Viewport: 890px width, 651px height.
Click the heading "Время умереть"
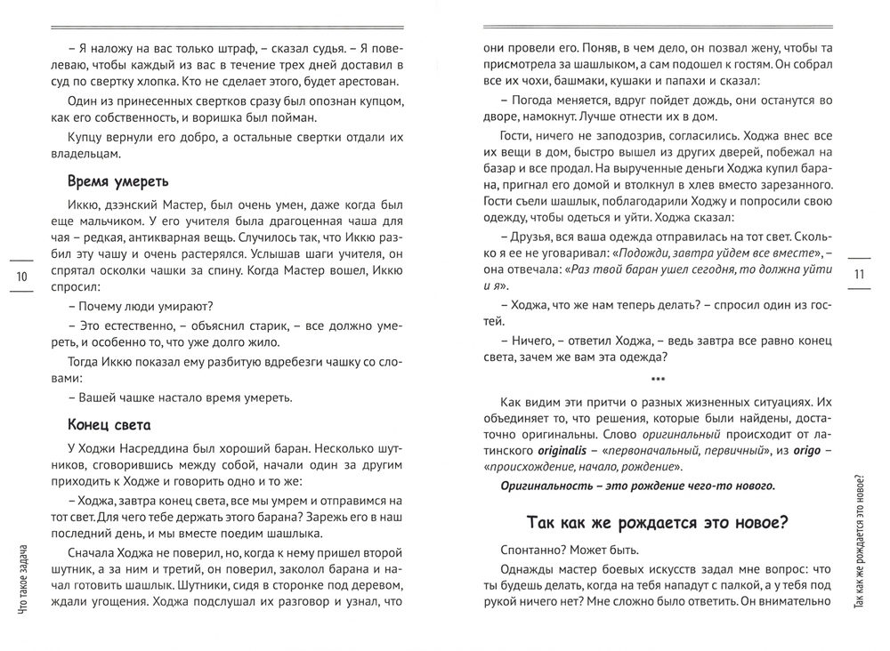point(117,181)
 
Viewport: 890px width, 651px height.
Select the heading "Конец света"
point(109,425)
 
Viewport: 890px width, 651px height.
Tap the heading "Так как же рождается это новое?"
point(657,522)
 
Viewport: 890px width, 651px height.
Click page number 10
point(22,277)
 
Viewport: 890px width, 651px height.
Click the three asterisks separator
point(657,380)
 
